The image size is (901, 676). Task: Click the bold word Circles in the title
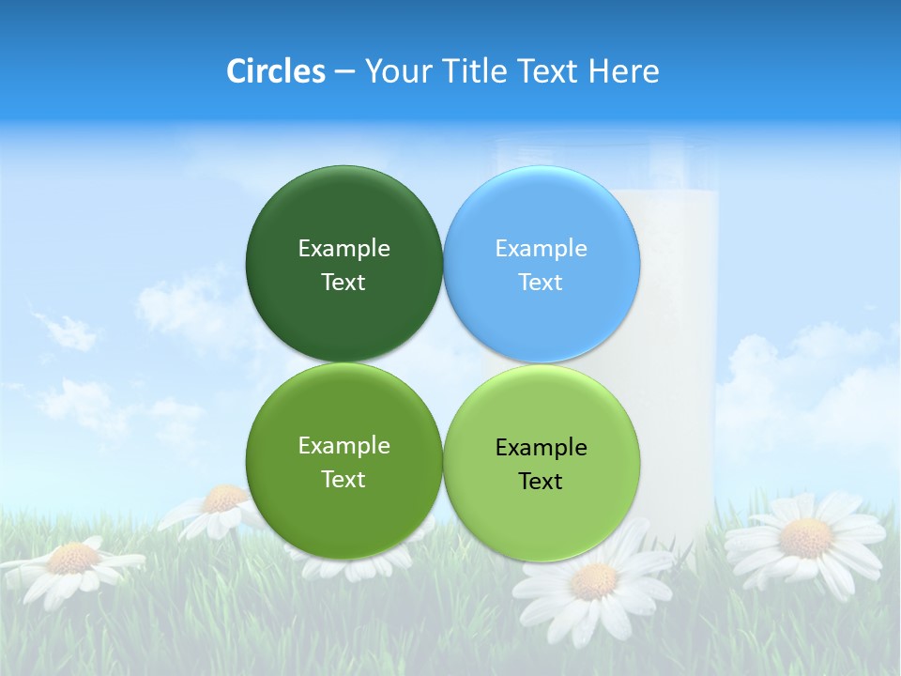click(276, 71)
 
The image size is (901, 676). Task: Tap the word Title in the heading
click(477, 71)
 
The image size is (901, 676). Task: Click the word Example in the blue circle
click(542, 249)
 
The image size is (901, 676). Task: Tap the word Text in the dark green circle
click(344, 283)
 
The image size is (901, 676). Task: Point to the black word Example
click(542, 448)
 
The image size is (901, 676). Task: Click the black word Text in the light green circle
click(541, 482)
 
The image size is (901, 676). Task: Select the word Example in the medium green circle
click(344, 446)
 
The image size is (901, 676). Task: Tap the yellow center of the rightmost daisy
click(805, 539)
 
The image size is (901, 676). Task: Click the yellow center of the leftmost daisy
click(73, 559)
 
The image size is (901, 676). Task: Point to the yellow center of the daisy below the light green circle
click(593, 581)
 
